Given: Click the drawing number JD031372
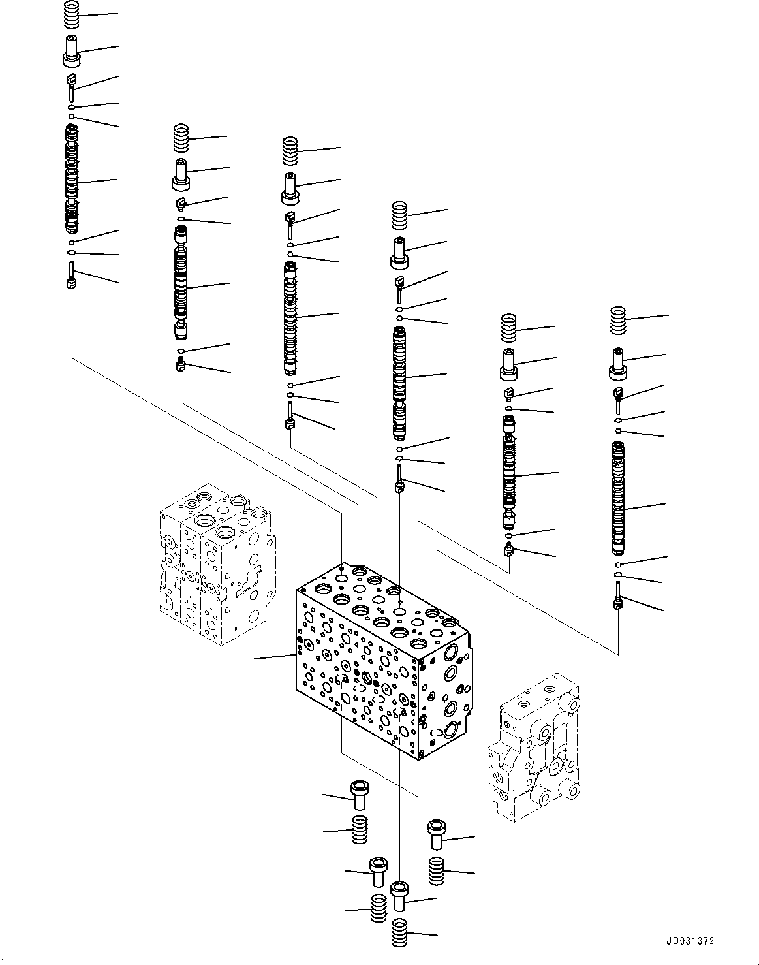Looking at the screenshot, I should [x=690, y=941].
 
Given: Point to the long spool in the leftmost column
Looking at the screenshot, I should [x=72, y=180].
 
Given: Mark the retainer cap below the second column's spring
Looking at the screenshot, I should [x=181, y=173].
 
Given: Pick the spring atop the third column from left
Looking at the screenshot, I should [x=290, y=151].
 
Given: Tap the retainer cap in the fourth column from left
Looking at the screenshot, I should [x=399, y=253].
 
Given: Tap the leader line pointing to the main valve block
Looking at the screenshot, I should [x=274, y=657].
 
